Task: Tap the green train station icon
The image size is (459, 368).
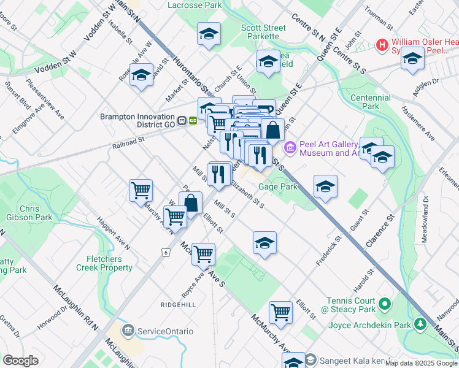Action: pyautogui.click(x=193, y=121)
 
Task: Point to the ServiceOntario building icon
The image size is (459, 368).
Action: pyautogui.click(x=128, y=331)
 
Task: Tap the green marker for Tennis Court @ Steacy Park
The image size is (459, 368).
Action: pyautogui.click(x=385, y=304)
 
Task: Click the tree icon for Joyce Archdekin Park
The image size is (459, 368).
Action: pyautogui.click(x=420, y=323)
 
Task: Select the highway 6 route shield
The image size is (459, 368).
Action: pyautogui.click(x=165, y=252)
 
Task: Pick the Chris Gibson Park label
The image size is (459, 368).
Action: pyautogui.click(x=37, y=213)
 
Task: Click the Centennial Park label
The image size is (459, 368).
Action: pyautogui.click(x=370, y=102)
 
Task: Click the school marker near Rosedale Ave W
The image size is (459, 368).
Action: pyautogui.click(x=142, y=75)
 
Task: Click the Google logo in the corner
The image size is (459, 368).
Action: pyautogui.click(x=21, y=361)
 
